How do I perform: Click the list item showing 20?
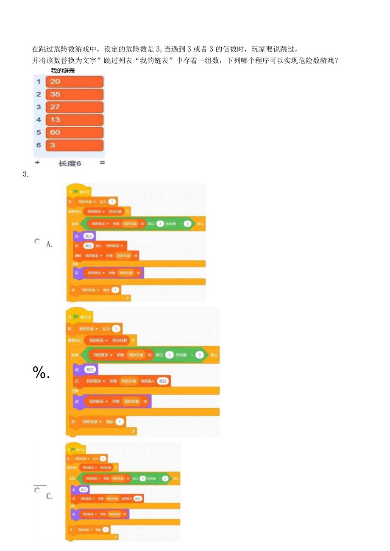click(74, 82)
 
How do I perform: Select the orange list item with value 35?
click(74, 94)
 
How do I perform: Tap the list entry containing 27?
click(74, 107)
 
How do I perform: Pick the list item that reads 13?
click(74, 120)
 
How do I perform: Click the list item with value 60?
click(74, 133)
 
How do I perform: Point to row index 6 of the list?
click(39, 145)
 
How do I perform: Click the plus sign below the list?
click(37, 163)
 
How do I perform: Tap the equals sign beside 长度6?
click(102, 163)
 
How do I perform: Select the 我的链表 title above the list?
click(63, 71)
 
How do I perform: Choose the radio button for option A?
click(37, 241)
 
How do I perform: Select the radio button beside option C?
click(37, 490)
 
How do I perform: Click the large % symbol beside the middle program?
click(42, 373)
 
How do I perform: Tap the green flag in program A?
click(75, 191)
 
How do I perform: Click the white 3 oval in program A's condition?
click(159, 223)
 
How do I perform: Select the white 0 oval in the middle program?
click(199, 355)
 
